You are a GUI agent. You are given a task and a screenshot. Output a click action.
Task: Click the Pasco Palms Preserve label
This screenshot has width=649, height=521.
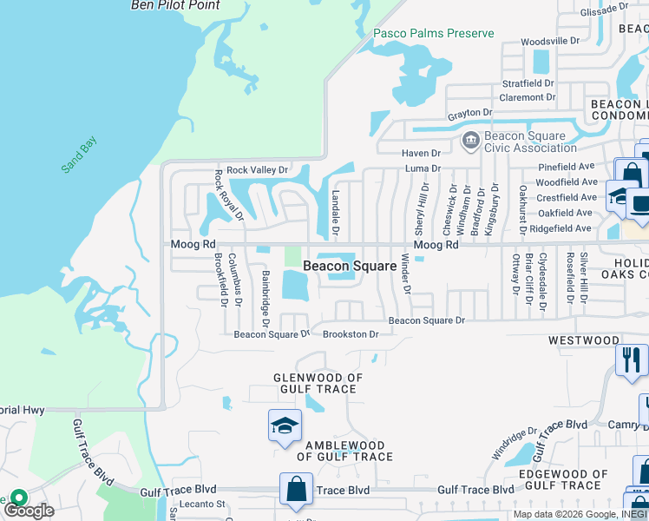tap(433, 34)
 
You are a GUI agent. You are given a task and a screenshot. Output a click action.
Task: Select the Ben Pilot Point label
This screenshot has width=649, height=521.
tap(175, 5)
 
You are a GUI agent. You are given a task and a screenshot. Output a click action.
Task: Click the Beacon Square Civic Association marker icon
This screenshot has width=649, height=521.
tap(470, 140)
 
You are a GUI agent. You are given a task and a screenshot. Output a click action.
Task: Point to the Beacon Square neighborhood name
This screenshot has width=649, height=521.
tap(349, 266)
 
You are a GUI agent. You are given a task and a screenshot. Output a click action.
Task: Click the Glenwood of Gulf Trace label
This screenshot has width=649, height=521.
tap(318, 383)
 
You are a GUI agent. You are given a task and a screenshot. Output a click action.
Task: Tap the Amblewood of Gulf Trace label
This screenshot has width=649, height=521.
tap(345, 451)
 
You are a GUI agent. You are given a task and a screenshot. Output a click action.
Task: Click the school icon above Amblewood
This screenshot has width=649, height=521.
tap(284, 425)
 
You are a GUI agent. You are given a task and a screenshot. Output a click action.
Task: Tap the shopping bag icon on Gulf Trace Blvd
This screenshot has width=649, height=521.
tap(297, 489)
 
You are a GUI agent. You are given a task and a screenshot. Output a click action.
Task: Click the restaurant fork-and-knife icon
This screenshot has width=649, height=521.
tap(631, 359)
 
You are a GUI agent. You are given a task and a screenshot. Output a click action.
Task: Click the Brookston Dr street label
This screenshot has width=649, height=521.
tap(351, 334)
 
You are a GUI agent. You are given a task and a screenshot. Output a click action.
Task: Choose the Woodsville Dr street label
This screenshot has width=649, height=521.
tap(550, 41)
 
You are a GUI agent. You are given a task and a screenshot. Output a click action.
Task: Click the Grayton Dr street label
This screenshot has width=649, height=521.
tap(469, 113)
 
